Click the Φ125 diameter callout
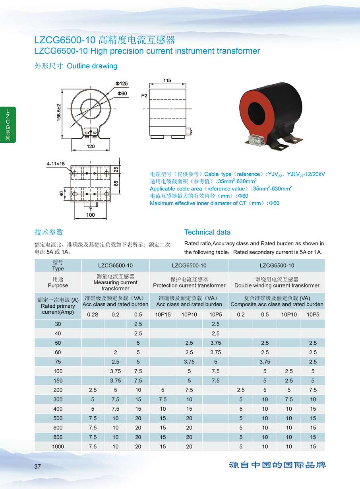[122, 83]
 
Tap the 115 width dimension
[167, 81]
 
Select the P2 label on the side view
[144, 96]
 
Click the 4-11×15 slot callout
[56, 163]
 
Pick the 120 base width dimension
[91, 146]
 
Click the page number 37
[38, 466]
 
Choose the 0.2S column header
[93, 314]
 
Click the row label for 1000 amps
[58, 446]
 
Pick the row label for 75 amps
[58, 362]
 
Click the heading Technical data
[207, 232]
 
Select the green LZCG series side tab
[8, 125]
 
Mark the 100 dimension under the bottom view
[91, 215]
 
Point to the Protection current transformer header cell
[189, 282]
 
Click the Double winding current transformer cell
[277, 282]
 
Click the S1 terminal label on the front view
[87, 132]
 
